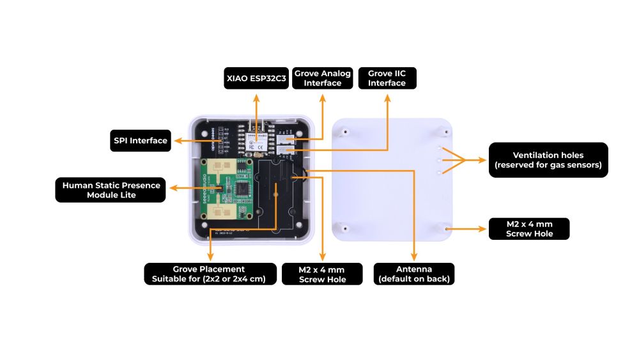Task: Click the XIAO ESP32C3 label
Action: (x=255, y=79)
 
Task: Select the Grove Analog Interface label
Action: (x=323, y=78)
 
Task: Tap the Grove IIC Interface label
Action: (x=387, y=78)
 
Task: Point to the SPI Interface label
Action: (x=141, y=141)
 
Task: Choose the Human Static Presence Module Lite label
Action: (x=111, y=190)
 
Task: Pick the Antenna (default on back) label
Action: (x=413, y=274)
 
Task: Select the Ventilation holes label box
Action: (x=548, y=160)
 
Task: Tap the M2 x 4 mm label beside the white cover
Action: (x=529, y=229)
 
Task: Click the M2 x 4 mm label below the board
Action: (x=322, y=274)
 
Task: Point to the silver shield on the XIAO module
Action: (x=256, y=142)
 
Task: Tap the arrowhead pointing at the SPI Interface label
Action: (x=177, y=141)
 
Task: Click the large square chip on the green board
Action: (x=243, y=190)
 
